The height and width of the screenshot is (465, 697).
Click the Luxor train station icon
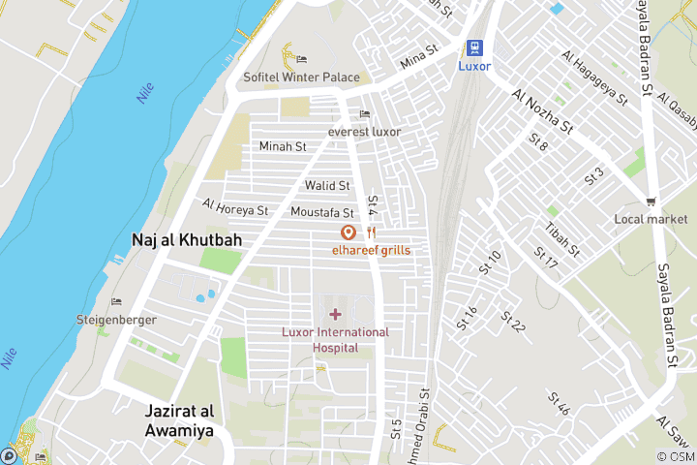coord(474,47)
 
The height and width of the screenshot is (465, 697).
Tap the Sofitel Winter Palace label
coord(301,77)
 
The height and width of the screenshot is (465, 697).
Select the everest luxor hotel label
coord(364,132)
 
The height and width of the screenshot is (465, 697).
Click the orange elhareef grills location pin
coord(348,232)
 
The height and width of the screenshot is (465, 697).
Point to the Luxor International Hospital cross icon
coord(335,314)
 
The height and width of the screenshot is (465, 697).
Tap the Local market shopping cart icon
coord(652,201)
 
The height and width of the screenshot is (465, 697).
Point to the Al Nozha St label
coord(544,113)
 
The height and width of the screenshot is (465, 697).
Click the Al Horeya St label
coord(235,208)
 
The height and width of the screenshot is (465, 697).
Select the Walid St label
coord(327,185)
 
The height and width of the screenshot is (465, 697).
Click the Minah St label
coord(283,146)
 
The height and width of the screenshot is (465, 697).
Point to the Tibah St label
coord(562,239)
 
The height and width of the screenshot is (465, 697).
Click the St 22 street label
coord(513,322)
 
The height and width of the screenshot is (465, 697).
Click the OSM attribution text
coord(676,456)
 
